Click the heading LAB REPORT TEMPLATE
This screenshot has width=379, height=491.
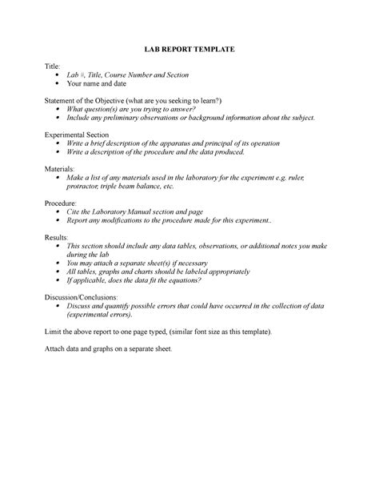pos(189,50)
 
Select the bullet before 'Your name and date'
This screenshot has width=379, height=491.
pos(58,83)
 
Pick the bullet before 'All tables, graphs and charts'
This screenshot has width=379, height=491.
pos(58,272)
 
